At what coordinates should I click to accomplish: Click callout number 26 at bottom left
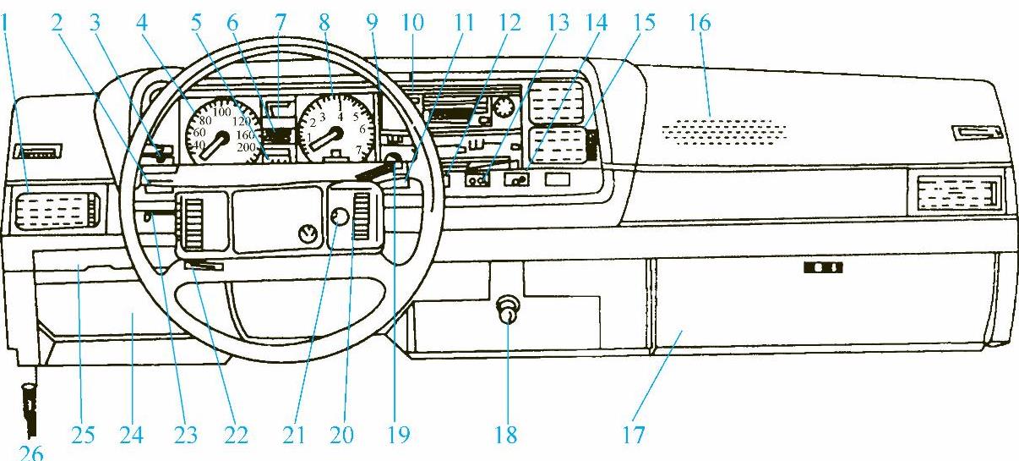(30, 453)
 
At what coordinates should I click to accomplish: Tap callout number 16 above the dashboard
(699, 24)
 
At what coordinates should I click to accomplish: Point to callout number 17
(633, 436)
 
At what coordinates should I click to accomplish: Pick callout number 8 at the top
(324, 24)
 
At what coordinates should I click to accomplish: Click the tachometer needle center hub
(335, 134)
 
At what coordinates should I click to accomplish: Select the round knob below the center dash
(509, 311)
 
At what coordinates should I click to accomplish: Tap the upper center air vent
(553, 100)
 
